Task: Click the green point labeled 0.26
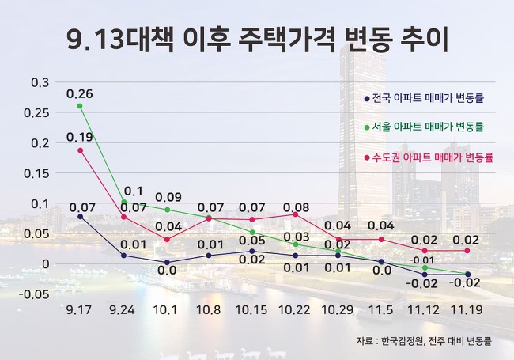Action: click(x=81, y=105)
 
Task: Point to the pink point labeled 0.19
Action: click(x=81, y=150)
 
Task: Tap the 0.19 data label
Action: click(x=79, y=137)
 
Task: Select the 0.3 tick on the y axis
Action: click(x=40, y=83)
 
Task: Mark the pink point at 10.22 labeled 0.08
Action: click(x=295, y=214)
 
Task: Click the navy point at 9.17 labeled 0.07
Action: click(x=81, y=216)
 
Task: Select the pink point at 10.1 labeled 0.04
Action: click(x=166, y=239)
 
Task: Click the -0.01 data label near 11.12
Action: click(x=424, y=260)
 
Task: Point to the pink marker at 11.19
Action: click(x=467, y=251)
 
